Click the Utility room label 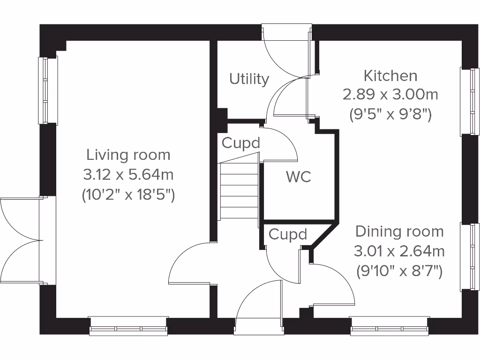[249, 79]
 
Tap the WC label [299, 177]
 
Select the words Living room [128, 154]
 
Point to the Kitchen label [390, 75]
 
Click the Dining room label [399, 232]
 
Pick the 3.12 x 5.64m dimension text [128, 175]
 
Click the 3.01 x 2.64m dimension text [399, 252]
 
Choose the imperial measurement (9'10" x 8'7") [399, 271]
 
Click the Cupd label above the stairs [241, 143]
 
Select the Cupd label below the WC [288, 234]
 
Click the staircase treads [239, 190]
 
